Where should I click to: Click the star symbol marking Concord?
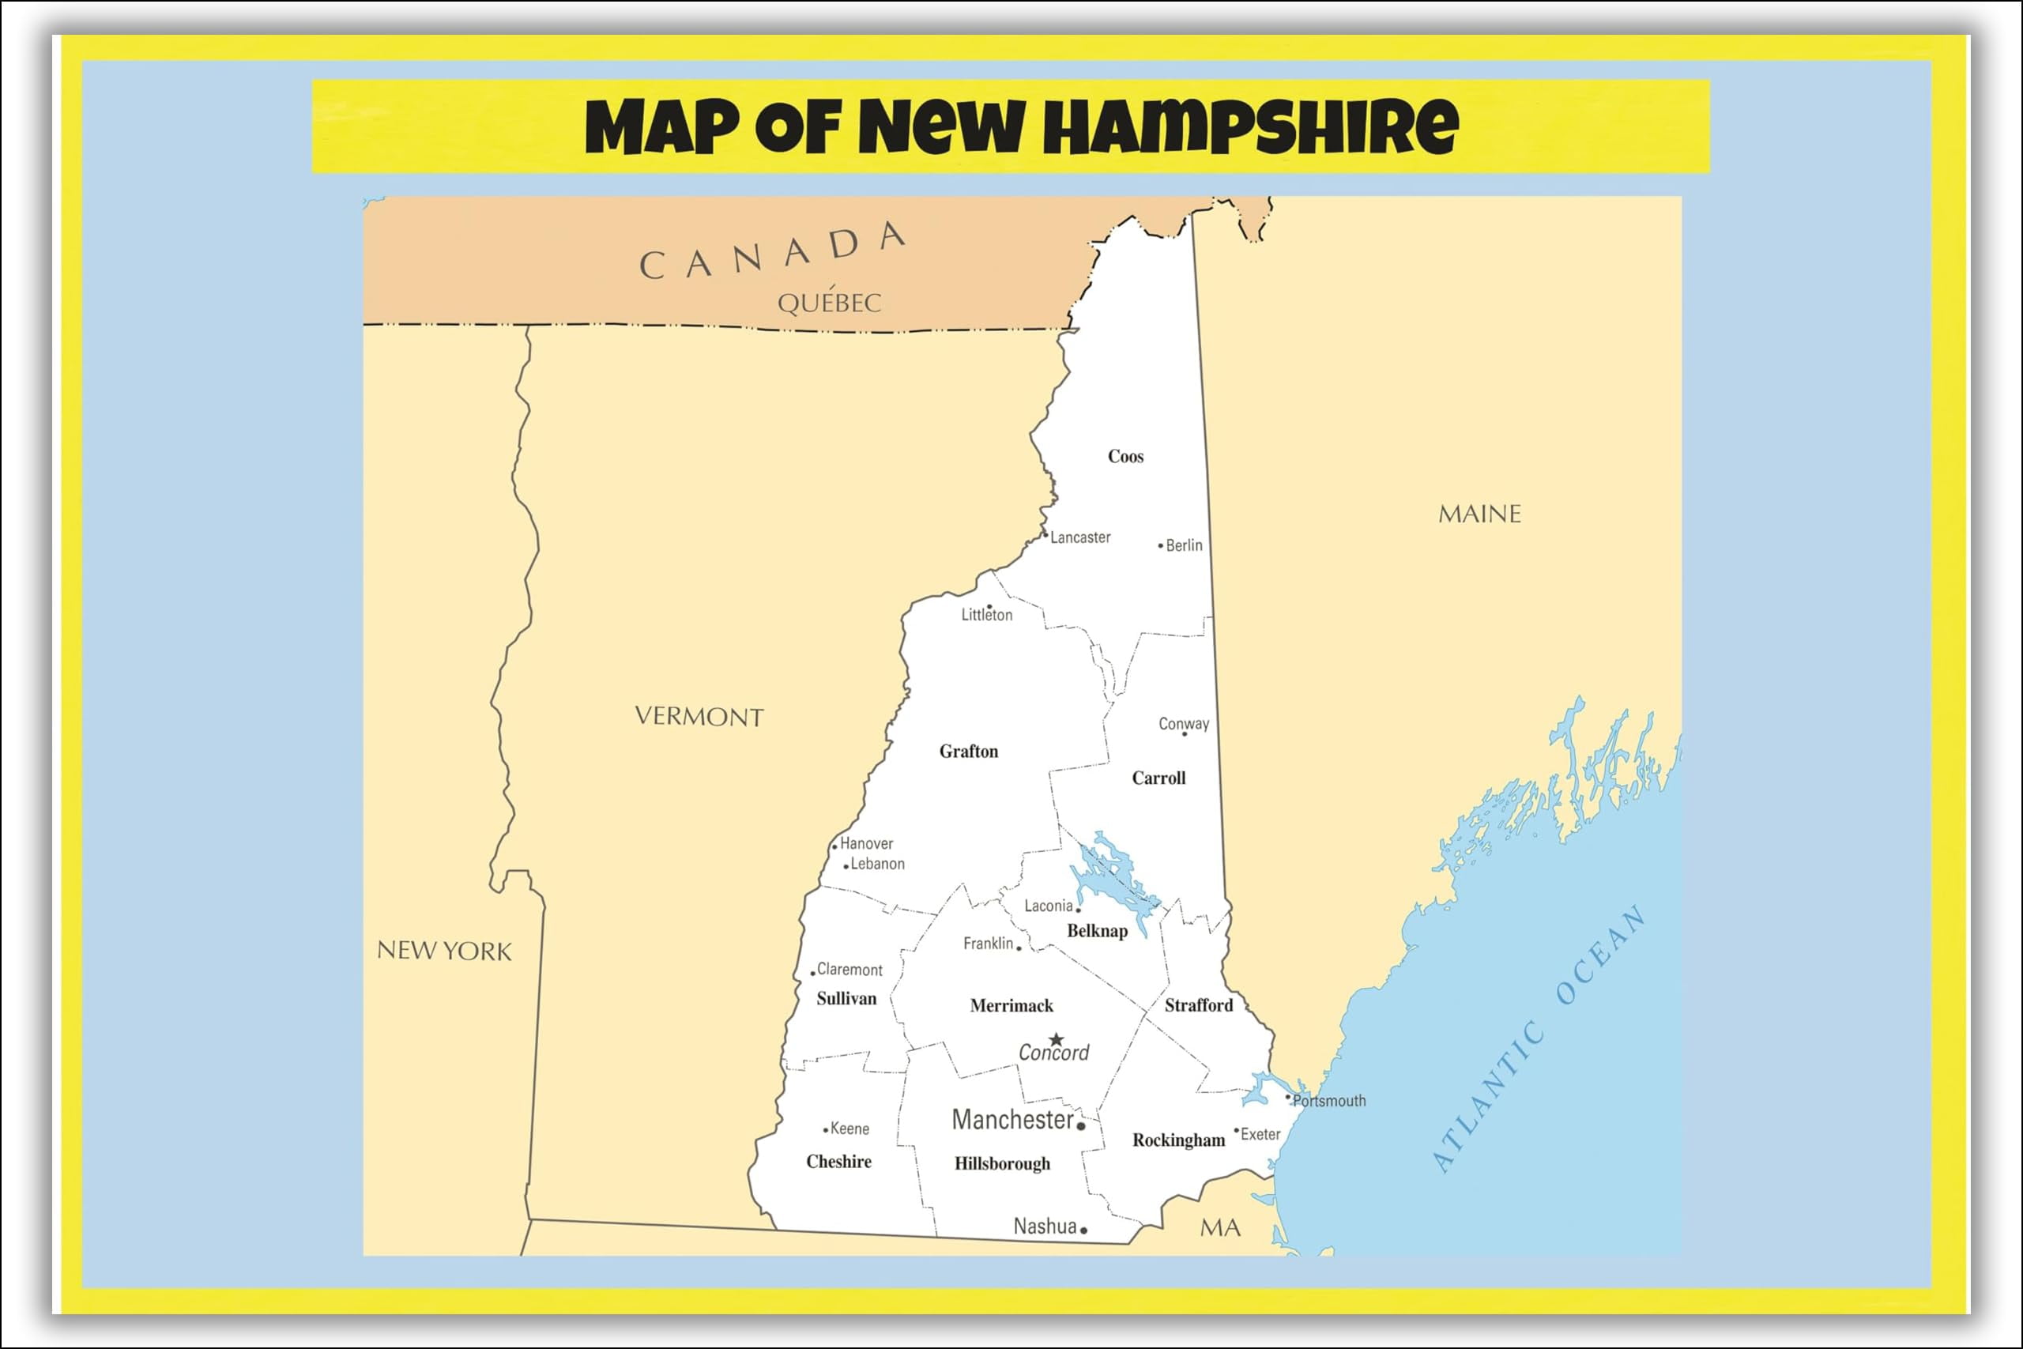1057,1039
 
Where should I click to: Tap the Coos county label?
1125,457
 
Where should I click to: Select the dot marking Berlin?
1160,545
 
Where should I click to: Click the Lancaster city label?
1080,537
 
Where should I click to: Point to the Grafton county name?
969,751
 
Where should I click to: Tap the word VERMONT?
699,717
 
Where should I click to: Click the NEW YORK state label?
444,951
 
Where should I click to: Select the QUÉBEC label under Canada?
829,302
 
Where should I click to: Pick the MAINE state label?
1479,514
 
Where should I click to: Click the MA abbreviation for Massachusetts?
1219,1228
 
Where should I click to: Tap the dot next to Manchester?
1081,1126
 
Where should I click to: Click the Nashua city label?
1044,1226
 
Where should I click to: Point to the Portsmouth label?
1329,1100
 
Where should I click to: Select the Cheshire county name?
838,1162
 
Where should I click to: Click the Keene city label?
850,1129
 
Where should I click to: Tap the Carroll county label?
1158,778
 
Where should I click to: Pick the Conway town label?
1184,724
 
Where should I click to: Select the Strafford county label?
1198,1005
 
